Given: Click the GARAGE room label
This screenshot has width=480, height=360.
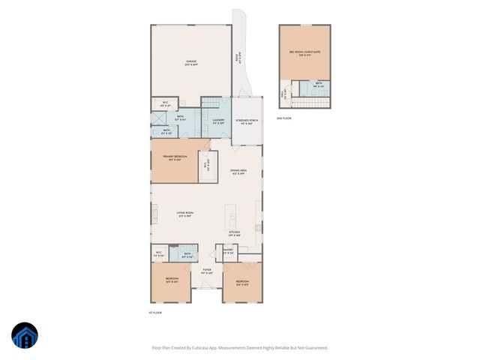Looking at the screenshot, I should coord(191,63).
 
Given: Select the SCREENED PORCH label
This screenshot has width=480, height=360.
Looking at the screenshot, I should coord(247,121).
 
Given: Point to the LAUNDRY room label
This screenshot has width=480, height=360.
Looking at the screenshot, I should coord(218,121).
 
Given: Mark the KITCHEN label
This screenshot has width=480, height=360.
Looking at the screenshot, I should coord(235,233).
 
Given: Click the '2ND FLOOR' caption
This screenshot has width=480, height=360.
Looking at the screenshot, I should coord(283,118).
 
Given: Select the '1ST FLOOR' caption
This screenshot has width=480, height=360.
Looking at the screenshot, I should coord(154,312).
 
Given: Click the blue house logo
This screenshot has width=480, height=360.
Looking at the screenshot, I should coord(25,337).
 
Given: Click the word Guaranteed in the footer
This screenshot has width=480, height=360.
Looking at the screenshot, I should coord(313,347).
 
